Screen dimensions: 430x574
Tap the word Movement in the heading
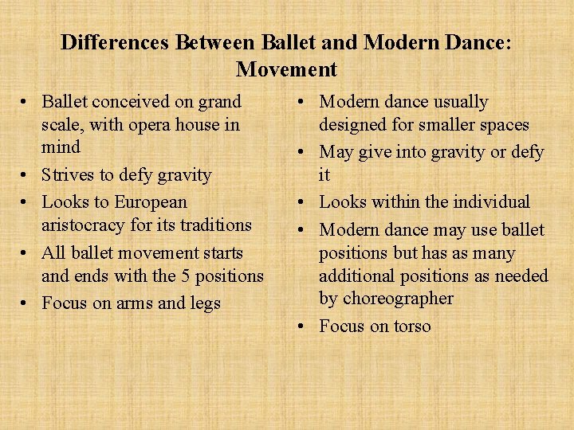pyautogui.click(x=287, y=69)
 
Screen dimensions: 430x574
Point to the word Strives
pyautogui.click(x=69, y=174)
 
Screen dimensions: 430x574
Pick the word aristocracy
pyautogui.click(x=88, y=225)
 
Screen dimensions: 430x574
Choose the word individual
pyautogui.click(x=496, y=202)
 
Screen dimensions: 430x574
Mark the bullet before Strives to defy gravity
pyautogui.click(x=27, y=175)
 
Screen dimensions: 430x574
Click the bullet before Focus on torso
pyautogui.click(x=305, y=326)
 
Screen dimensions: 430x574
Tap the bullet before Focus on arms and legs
pyautogui.click(x=27, y=304)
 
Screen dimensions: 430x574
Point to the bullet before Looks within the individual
pyautogui.click(x=305, y=203)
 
